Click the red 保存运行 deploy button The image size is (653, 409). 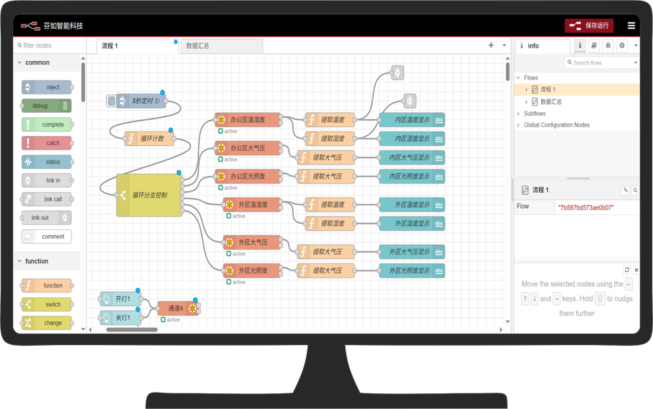[x=589, y=26]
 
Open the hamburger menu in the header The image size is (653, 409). [x=631, y=26]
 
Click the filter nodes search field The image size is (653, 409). [x=48, y=46]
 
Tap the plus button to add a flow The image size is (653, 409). [x=491, y=46]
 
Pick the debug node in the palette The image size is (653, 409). [x=46, y=105]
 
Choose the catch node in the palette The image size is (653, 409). [x=46, y=143]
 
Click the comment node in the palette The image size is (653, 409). [x=46, y=237]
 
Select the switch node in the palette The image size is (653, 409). [x=46, y=304]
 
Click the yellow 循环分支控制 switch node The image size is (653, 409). [x=149, y=195]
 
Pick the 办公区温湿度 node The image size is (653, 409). [x=247, y=120]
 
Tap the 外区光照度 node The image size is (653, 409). [x=252, y=270]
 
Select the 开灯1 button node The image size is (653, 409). [x=121, y=299]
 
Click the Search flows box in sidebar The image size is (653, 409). [x=601, y=63]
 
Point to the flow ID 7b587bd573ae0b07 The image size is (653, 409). [x=586, y=208]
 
